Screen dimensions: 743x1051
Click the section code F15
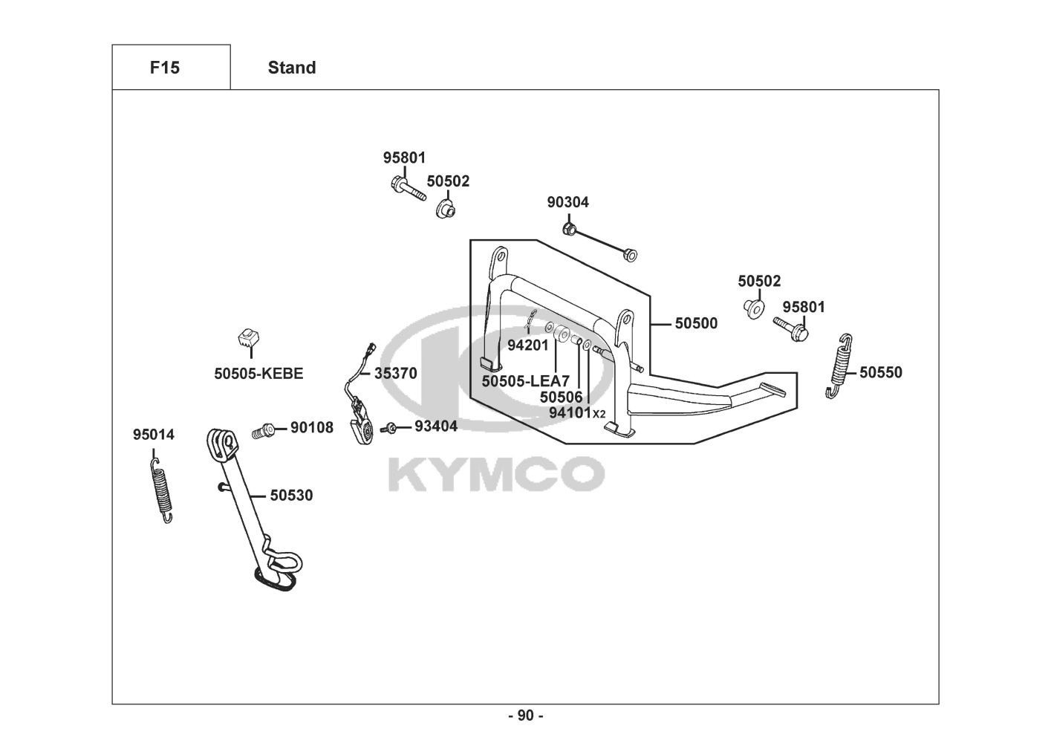[x=164, y=68]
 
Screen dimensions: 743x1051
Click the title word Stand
[x=292, y=68]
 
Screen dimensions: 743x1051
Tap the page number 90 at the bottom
[x=525, y=716]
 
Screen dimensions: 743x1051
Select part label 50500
[x=696, y=323]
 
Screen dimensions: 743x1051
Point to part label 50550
[x=881, y=372]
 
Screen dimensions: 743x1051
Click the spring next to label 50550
[x=838, y=366]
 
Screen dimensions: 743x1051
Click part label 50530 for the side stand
[x=291, y=495]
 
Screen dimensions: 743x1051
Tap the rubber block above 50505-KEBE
[x=247, y=338]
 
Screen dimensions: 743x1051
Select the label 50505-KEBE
[x=258, y=373]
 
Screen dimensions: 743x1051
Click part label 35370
[x=395, y=373]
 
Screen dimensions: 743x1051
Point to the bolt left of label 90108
[x=264, y=429]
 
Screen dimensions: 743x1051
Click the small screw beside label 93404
[x=388, y=428]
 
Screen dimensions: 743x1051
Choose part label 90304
[x=568, y=202]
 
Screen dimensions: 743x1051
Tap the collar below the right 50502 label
[x=754, y=307]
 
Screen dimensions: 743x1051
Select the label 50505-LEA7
[x=525, y=381]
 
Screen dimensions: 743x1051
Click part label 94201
[x=527, y=345]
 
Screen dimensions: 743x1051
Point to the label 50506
[x=562, y=398]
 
